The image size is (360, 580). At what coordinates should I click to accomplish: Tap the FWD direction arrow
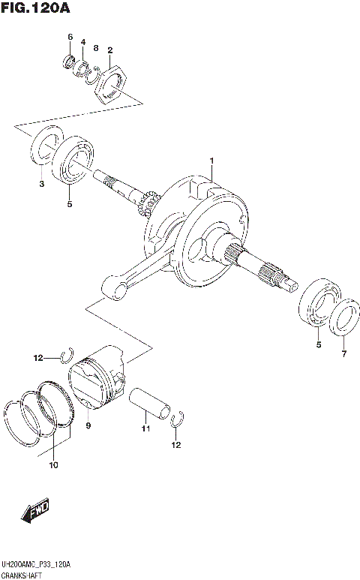click(x=36, y=512)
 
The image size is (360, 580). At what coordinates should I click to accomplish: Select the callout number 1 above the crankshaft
click(x=212, y=161)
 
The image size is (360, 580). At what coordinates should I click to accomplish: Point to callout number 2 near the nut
click(x=109, y=50)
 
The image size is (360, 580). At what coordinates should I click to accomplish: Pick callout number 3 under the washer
click(x=42, y=183)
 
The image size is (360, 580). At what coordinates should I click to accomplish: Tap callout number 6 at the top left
click(x=70, y=37)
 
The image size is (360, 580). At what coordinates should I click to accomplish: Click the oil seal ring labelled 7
click(x=343, y=316)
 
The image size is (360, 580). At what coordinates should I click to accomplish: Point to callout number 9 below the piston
click(x=88, y=425)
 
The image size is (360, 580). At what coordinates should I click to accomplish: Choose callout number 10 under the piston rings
click(x=52, y=465)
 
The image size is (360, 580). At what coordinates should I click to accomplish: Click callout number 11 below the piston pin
click(x=147, y=428)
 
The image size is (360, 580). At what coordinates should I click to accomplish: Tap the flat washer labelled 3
click(x=46, y=147)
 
